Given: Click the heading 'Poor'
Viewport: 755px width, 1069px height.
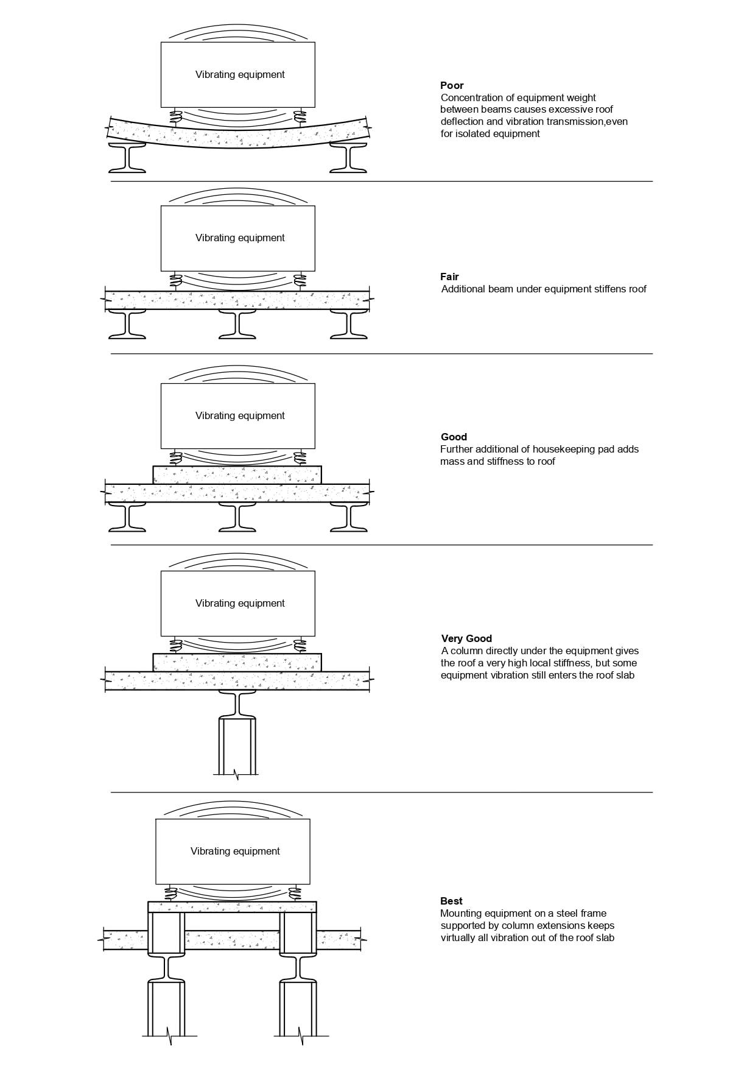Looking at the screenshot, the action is point(452,85).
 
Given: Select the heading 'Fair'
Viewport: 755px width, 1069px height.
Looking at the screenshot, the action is point(449,277).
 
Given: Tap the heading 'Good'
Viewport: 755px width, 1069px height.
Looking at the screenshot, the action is point(454,437).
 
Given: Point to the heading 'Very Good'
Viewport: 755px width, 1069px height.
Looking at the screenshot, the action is point(466,638).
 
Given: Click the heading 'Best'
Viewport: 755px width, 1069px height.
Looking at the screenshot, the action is point(451,901).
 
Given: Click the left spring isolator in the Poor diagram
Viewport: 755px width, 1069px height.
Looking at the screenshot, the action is point(176,116).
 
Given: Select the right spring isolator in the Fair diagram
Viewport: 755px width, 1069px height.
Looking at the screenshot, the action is point(299,281).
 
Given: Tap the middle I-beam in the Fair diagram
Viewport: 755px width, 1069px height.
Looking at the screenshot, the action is point(237,324).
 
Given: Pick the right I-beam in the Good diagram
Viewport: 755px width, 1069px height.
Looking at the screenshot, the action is point(349,517).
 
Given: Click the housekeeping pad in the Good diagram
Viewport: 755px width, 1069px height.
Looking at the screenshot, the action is point(237,475).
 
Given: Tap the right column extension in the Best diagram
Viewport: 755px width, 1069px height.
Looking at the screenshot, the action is point(298,932).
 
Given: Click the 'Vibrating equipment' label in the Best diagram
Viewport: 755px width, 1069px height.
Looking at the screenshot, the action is point(235,851).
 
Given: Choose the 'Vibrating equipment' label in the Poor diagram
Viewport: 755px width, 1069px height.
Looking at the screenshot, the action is point(240,74).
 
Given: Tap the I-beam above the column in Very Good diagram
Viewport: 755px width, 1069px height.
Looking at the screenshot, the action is point(237,705).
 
